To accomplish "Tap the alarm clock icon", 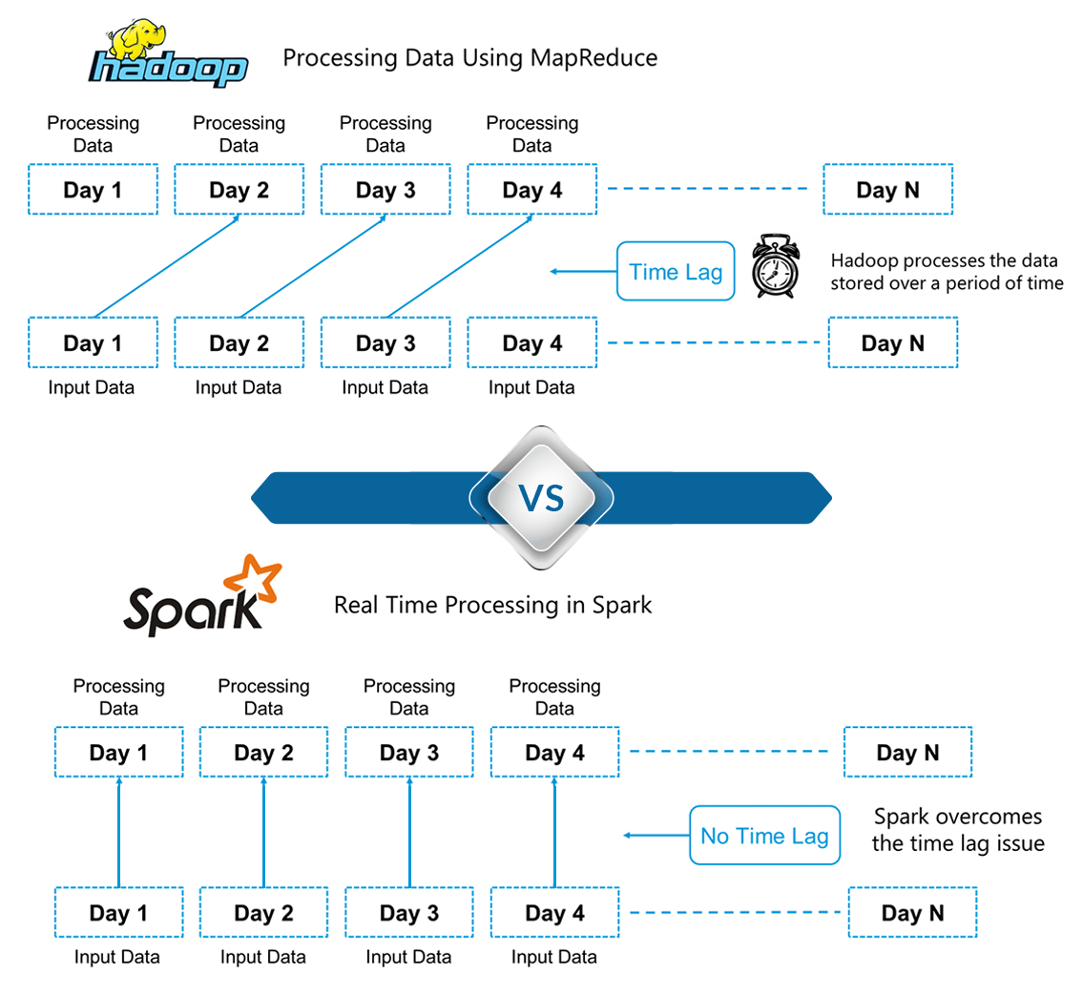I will pyautogui.click(x=774, y=267).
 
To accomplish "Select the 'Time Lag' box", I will pyautogui.click(x=676, y=272).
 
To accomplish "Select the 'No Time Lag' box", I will pyautogui.click(x=764, y=836).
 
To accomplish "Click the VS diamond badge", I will pyautogui.click(x=541, y=497).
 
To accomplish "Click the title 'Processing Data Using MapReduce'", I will pyautogui.click(x=469, y=58).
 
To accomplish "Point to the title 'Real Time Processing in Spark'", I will pyautogui.click(x=492, y=605).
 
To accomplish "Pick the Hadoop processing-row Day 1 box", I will pyautogui.click(x=93, y=189).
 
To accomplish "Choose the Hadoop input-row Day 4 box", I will pyautogui.click(x=531, y=342).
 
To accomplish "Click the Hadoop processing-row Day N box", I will pyautogui.click(x=888, y=189).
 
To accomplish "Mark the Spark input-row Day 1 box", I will pyautogui.click(x=118, y=913).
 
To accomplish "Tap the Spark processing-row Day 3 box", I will pyautogui.click(x=409, y=753).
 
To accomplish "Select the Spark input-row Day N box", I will pyautogui.click(x=912, y=913).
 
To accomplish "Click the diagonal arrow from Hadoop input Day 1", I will pyautogui.click(x=166, y=265).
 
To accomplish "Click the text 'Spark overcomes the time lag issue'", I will pyautogui.click(x=957, y=830).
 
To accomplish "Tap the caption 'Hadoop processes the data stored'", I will pyautogui.click(x=946, y=272).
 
